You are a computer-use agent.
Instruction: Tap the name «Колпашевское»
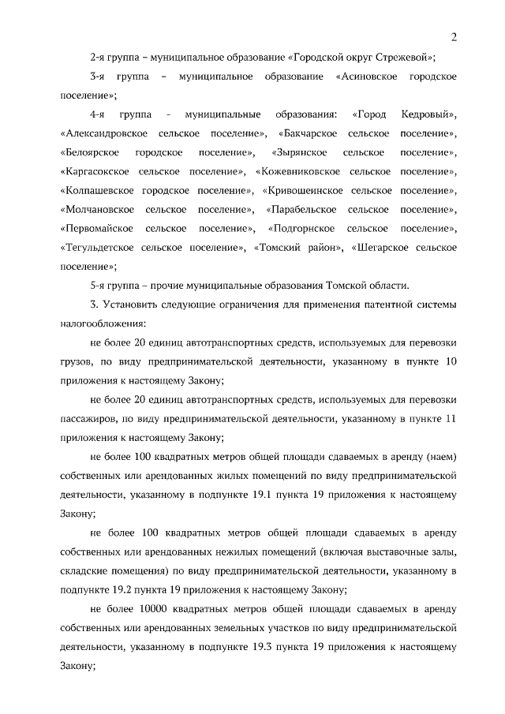[x=95, y=190]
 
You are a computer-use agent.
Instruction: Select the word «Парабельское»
[x=303, y=209]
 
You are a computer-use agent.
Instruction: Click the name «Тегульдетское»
[x=96, y=247]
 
